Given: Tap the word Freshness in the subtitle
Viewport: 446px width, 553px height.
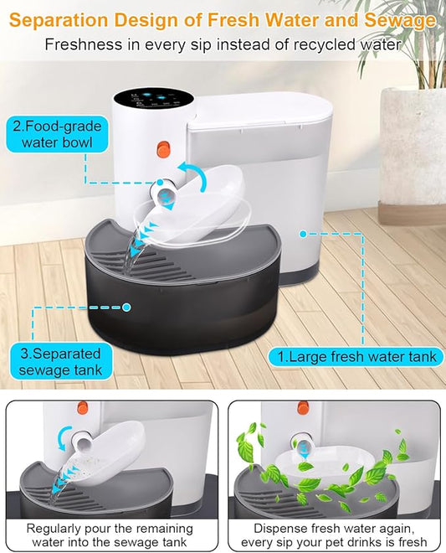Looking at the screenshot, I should [x=82, y=44].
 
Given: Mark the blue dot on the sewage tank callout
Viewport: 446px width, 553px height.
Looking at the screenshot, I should [x=126, y=308].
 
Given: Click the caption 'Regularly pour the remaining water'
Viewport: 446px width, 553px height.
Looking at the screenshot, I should [x=110, y=535].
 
